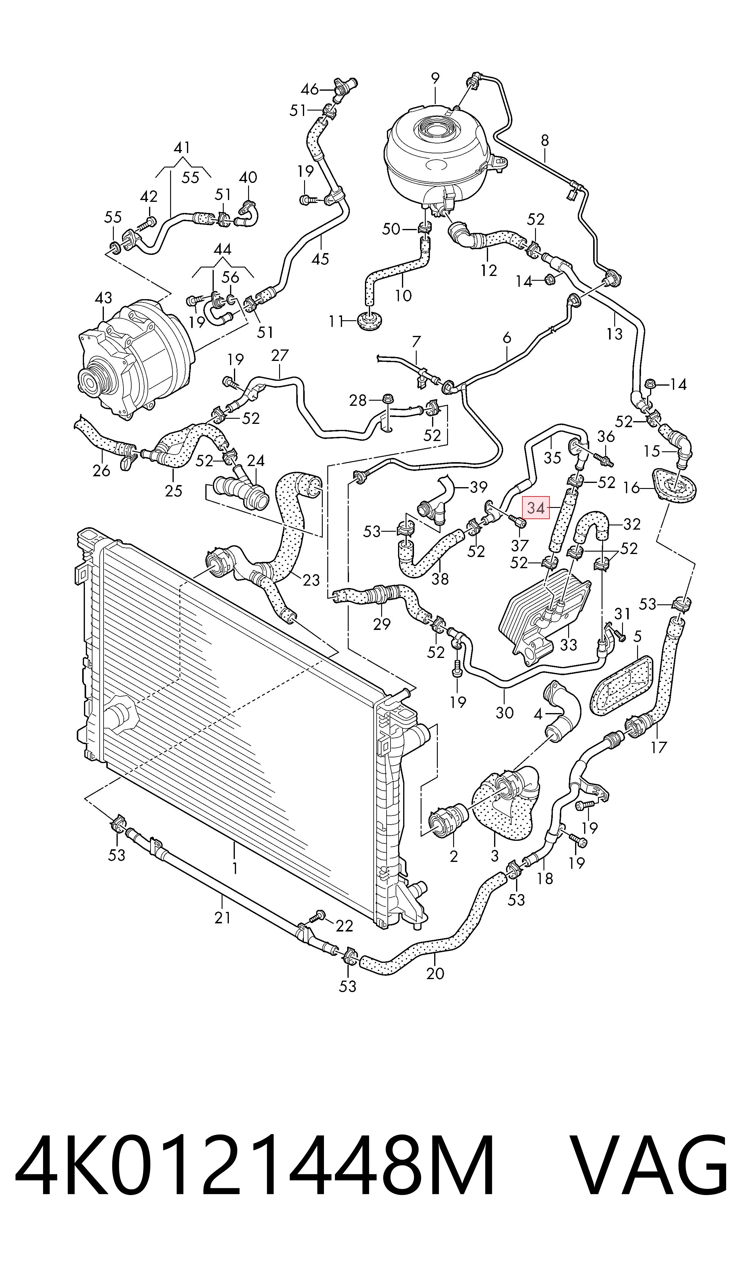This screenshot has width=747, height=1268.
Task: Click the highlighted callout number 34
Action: (x=536, y=508)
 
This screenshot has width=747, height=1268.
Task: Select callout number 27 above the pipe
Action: (x=280, y=355)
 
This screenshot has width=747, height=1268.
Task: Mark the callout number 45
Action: (x=320, y=258)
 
